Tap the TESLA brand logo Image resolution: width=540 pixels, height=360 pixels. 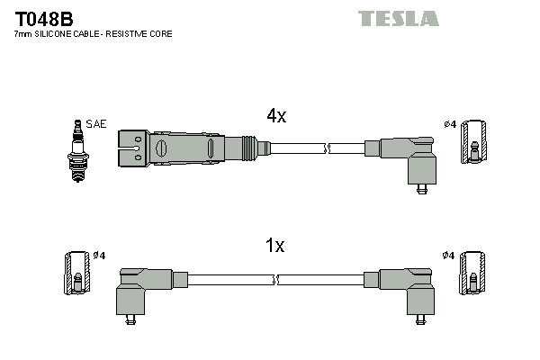click(x=398, y=18)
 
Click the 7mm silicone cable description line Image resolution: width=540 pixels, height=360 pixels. click(x=93, y=34)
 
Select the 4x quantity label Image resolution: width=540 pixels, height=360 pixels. click(x=276, y=116)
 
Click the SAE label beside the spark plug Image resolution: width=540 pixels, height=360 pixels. click(x=95, y=123)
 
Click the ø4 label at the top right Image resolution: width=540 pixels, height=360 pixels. click(x=449, y=123)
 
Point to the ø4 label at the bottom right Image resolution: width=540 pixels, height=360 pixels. click(x=449, y=256)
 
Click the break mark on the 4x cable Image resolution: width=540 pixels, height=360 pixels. click(x=328, y=146)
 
